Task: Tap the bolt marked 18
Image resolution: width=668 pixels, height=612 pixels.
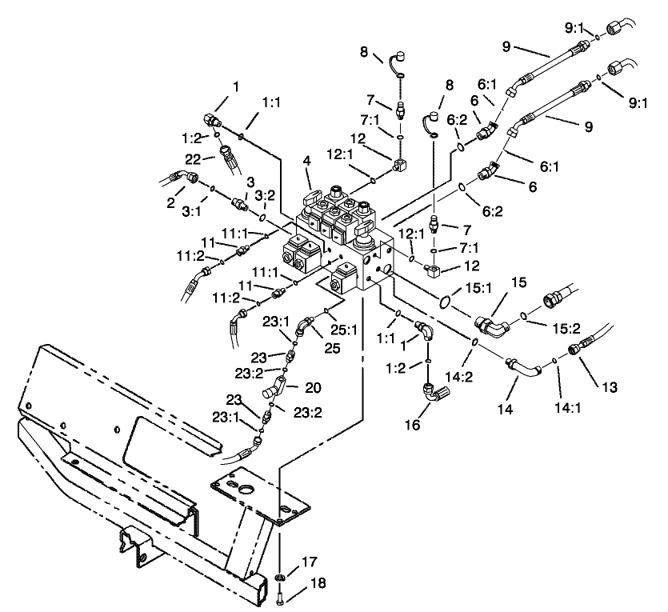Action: [280, 595]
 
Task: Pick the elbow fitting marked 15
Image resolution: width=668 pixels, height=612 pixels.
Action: [490, 326]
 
